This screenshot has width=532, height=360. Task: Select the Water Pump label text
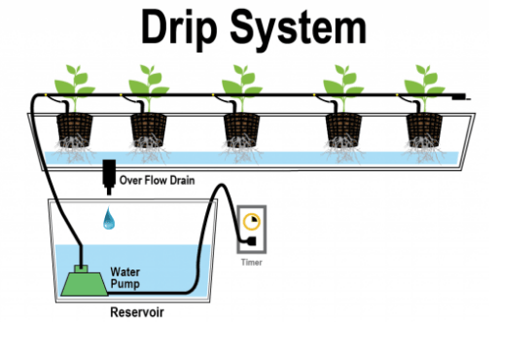click(127, 279)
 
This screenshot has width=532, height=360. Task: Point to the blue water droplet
click(108, 220)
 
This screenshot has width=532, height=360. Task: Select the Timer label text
click(252, 262)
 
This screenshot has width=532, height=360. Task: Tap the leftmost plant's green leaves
click(71, 80)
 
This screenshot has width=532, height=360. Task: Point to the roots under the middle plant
click(239, 151)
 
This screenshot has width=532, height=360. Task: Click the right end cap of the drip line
click(468, 97)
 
